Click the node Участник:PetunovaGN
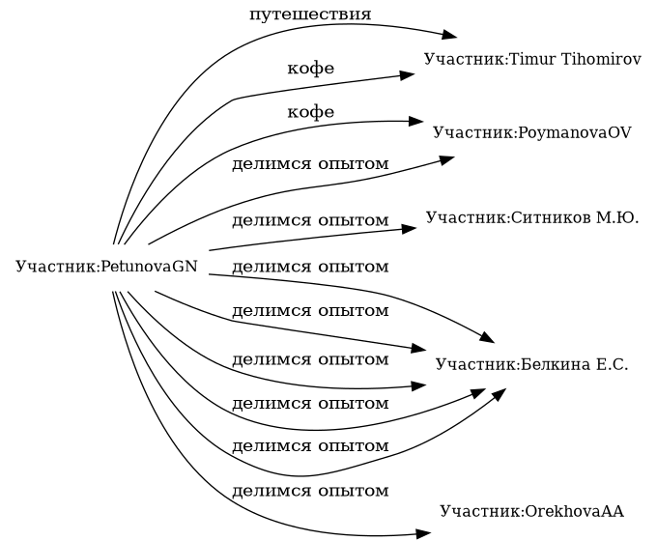pos(107,266)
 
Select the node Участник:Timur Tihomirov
pos(532,60)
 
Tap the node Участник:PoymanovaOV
pos(532,132)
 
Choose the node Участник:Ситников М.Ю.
pos(532,218)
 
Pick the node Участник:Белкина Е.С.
pos(532,364)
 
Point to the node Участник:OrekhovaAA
pos(532,510)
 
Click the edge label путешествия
pos(310,14)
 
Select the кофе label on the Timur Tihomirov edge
pos(310,70)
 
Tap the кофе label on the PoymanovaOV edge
pos(310,113)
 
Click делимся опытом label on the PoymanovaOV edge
pos(310,164)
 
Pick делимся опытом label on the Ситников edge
pos(310,219)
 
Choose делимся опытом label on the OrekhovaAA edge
pos(310,491)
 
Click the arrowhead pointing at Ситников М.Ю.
pos(410,229)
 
